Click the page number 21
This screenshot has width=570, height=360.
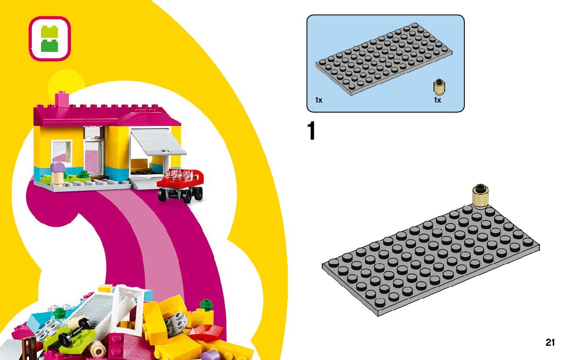pyautogui.click(x=550, y=343)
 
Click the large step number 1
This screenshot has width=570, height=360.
pyautogui.click(x=312, y=132)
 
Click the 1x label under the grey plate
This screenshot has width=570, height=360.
pyautogui.click(x=319, y=100)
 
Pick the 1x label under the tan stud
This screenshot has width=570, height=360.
pyautogui.click(x=438, y=100)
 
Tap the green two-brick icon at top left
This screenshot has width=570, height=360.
pyautogui.click(x=49, y=39)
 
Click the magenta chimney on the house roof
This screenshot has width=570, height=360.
pyautogui.click(x=62, y=99)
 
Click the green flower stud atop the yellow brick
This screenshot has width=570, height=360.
pyautogui.click(x=206, y=305)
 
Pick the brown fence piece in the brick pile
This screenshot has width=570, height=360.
pyautogui.click(x=29, y=349)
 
